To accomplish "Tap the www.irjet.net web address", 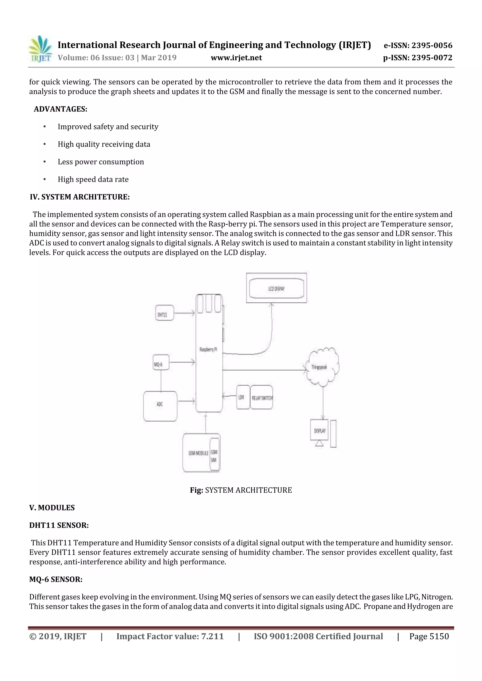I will click(236, 58).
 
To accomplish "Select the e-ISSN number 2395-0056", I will click(418, 45).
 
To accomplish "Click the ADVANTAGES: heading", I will click(60, 109).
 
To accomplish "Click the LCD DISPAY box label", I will click(276, 288).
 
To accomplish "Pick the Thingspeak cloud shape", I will click(322, 367).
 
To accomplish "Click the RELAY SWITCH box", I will click(261, 397).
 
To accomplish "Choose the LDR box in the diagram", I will click(243, 397).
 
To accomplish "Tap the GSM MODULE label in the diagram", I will click(198, 453).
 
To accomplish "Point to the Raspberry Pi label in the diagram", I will click(208, 350).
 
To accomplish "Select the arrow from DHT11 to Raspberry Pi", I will click(184, 313).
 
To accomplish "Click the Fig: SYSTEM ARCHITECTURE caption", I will click(241, 490).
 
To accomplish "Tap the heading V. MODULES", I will click(52, 507).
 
